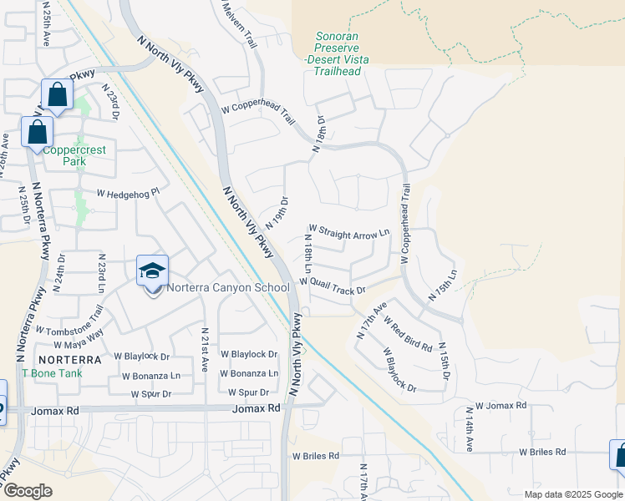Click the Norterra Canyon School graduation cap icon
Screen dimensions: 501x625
click(153, 271)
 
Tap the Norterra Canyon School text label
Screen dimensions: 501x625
click(227, 288)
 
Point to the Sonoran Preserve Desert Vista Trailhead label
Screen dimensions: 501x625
click(338, 53)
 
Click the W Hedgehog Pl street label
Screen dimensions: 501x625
click(128, 193)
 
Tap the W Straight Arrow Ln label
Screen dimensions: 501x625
click(349, 231)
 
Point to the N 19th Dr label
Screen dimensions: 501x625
click(277, 213)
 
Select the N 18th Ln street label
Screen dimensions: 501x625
click(307, 256)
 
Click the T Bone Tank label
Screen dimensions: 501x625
click(52, 373)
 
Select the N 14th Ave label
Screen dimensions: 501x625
click(469, 428)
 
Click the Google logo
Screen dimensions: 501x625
click(28, 491)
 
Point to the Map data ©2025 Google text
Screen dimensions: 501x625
click(572, 494)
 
